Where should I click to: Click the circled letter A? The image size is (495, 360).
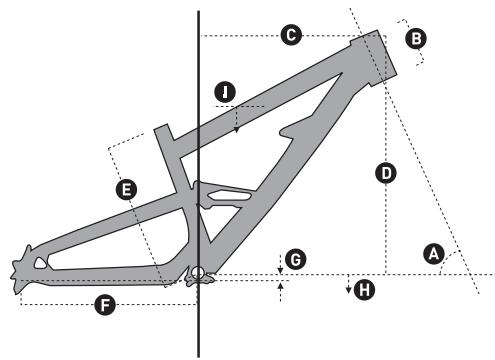(x=434, y=255)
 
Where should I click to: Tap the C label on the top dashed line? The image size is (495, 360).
(x=291, y=35)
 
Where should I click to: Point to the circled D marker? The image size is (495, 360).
(x=385, y=173)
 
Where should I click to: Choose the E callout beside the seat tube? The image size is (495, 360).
(x=126, y=188)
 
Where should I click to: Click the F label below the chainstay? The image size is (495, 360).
(x=103, y=303)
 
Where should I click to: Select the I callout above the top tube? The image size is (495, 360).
(x=228, y=92)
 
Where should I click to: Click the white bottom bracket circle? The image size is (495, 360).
(x=198, y=273)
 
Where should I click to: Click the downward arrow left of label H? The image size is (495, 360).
(x=347, y=289)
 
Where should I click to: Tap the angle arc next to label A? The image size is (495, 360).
(x=449, y=262)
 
